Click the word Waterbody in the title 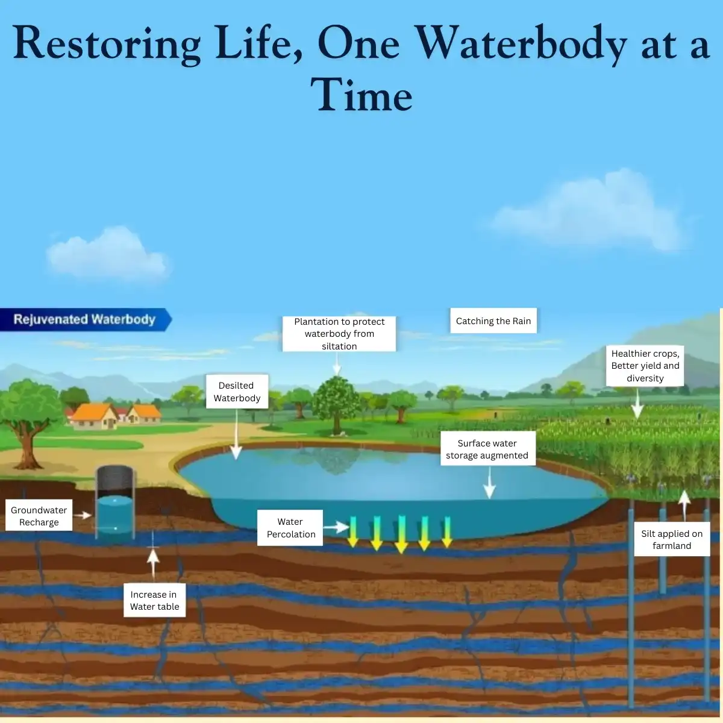pyautogui.click(x=522, y=44)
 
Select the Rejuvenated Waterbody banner pyautogui.click(x=86, y=319)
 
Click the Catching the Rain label pyautogui.click(x=493, y=321)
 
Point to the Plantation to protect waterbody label pyautogui.click(x=339, y=334)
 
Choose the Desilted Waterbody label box pyautogui.click(x=237, y=392)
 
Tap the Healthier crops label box pyautogui.click(x=645, y=366)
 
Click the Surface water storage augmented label pyautogui.click(x=488, y=449)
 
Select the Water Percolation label pyautogui.click(x=290, y=528)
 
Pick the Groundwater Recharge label pyautogui.click(x=39, y=516)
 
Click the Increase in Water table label pyautogui.click(x=155, y=600)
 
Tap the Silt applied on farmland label pyautogui.click(x=672, y=539)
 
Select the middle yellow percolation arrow pyautogui.click(x=401, y=534)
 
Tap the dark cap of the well pyautogui.click(x=115, y=481)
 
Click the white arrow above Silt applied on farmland pyautogui.click(x=684, y=505)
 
